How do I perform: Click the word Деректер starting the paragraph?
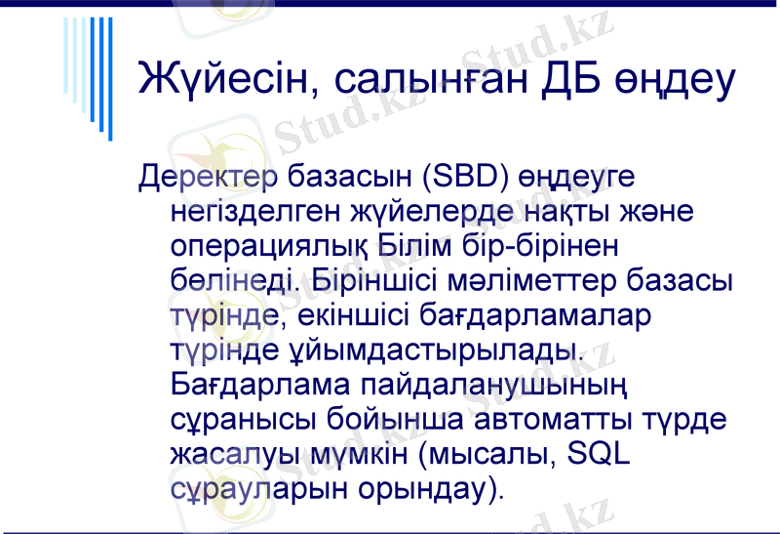210,178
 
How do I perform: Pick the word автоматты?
561,418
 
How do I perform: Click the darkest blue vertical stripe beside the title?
109,78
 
